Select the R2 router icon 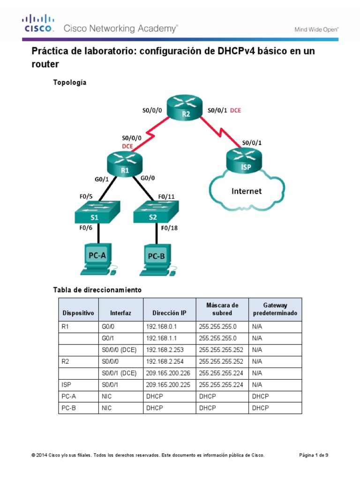(x=186, y=111)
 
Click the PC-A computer (x=97, y=259)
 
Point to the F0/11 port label (x=167, y=196)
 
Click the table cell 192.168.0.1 (x=160, y=327)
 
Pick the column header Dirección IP (x=169, y=313)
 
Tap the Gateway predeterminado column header (x=275, y=309)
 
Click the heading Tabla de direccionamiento (x=97, y=290)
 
